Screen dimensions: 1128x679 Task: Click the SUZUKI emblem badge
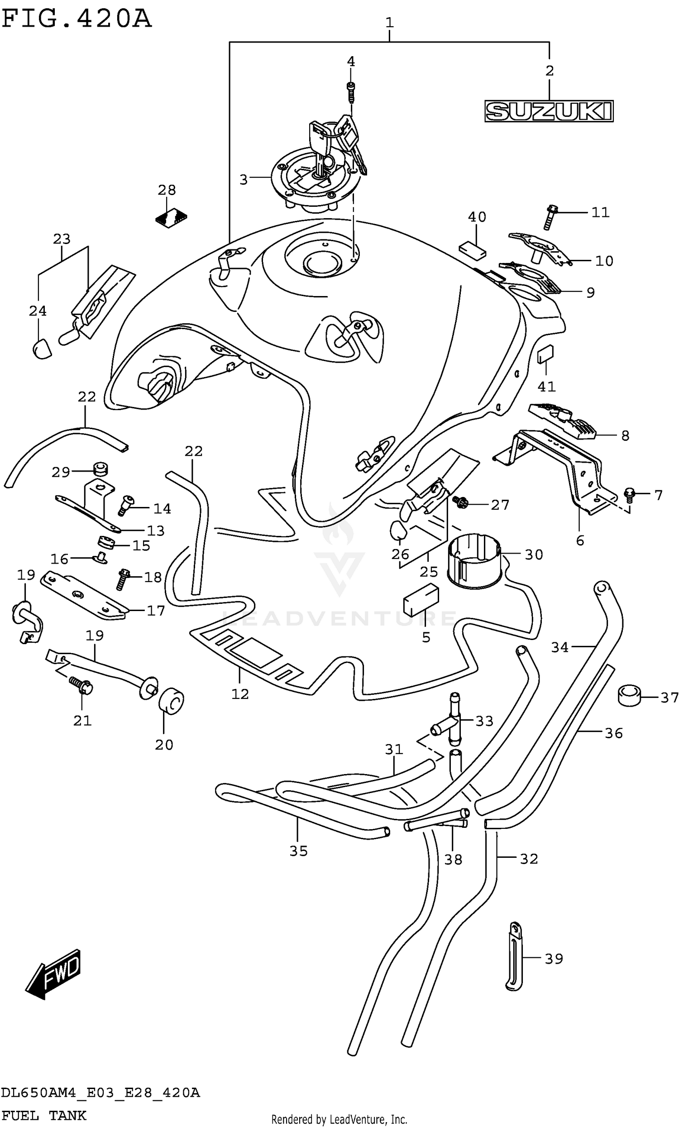549,111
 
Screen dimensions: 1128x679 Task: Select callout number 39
554,958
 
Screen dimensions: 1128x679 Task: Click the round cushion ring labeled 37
630,696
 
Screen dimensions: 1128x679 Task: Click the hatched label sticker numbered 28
171,218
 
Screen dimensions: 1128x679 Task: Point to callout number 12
240,694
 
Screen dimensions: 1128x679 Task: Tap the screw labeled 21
81,685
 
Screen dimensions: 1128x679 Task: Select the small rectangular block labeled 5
421,600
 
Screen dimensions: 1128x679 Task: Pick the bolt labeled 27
459,502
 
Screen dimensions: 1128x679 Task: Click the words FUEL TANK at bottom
44,1116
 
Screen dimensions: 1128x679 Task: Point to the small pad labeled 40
472,251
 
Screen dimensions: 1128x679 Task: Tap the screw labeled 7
630,494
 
